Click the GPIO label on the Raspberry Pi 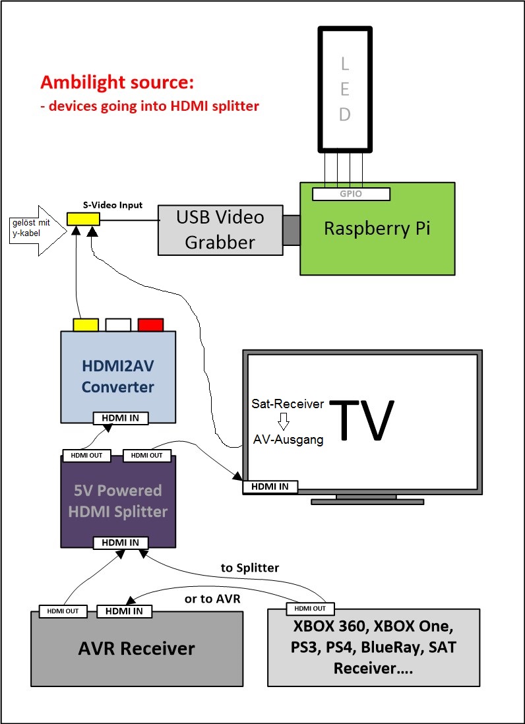click(x=351, y=194)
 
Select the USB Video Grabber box click(x=220, y=229)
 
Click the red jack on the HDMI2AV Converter click(x=150, y=324)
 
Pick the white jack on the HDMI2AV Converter click(x=118, y=324)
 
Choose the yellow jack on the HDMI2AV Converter click(x=86, y=324)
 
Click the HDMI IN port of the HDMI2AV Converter click(x=121, y=418)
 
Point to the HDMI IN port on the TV click(x=270, y=487)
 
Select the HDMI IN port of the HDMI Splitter click(x=121, y=543)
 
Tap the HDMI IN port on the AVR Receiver click(x=125, y=611)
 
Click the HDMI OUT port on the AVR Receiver click(x=63, y=611)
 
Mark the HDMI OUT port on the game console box click(x=310, y=608)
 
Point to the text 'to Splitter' click(x=249, y=568)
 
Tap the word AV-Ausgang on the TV click(x=288, y=439)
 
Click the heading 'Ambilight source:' click(x=117, y=83)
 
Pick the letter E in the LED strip click(x=345, y=89)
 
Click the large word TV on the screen click(x=362, y=419)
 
